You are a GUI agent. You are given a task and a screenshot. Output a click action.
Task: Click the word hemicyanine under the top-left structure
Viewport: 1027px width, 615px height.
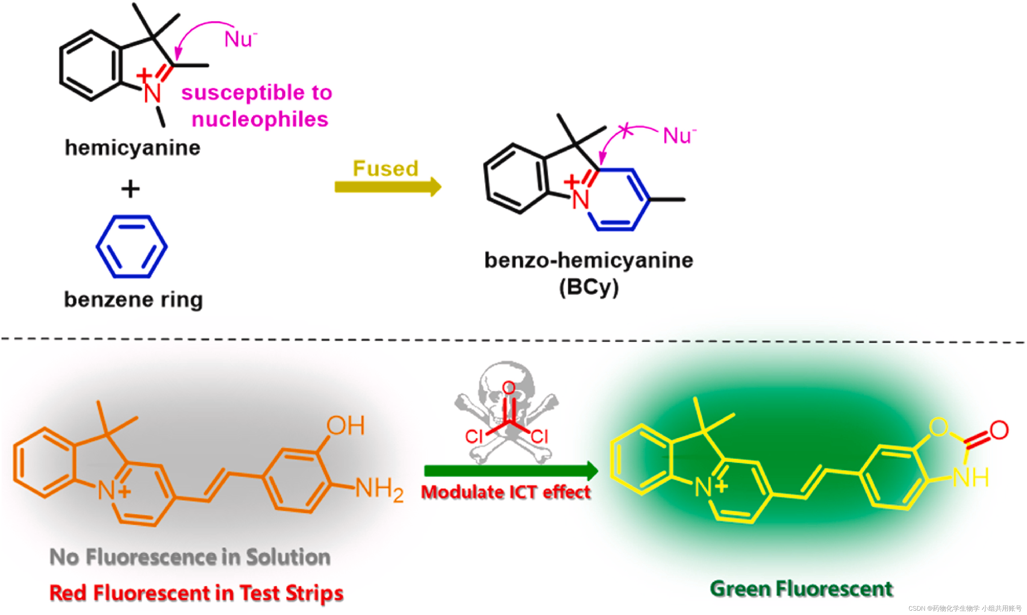[133, 148]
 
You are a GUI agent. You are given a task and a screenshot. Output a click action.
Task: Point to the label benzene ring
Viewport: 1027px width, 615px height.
[134, 300]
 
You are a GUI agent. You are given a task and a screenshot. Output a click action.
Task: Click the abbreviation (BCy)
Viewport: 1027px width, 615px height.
[589, 287]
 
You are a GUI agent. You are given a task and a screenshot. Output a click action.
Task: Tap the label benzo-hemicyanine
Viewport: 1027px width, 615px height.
[589, 260]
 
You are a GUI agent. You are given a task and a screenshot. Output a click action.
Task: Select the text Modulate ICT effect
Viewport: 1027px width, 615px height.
[506, 492]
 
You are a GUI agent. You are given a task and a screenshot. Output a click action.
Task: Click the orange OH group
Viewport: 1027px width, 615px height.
[345, 426]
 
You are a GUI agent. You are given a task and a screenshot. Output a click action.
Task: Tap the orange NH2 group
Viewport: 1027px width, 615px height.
[378, 489]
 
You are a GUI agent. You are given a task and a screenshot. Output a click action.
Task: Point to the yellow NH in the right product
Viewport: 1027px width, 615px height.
[971, 477]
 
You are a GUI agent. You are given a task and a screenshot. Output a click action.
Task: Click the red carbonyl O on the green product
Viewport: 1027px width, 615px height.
[999, 430]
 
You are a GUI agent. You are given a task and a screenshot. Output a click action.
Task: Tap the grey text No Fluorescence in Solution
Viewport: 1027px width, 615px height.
[190, 557]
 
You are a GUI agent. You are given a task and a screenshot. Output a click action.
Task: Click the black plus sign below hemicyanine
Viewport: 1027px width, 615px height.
[131, 189]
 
